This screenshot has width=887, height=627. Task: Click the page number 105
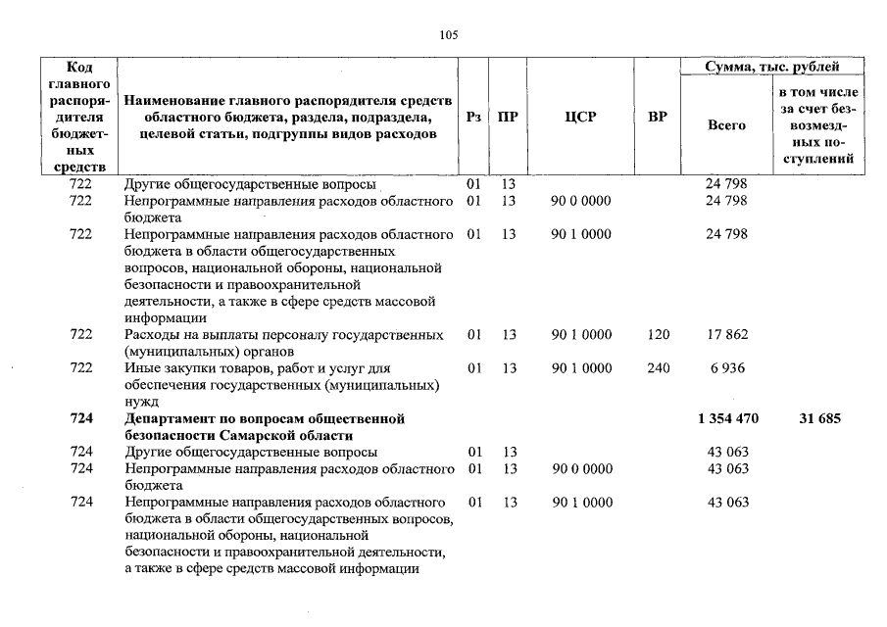coord(449,34)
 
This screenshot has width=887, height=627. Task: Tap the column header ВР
coord(658,118)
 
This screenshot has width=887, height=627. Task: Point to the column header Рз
coord(474,118)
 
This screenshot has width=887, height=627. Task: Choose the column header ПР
coord(508,118)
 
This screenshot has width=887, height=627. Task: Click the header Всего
coord(726,125)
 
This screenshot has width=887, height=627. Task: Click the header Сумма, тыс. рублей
coord(772,67)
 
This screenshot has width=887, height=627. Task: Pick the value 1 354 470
coord(727,418)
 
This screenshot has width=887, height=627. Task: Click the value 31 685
coord(820,418)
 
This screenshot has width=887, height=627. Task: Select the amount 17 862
coord(727,335)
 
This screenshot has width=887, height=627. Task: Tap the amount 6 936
coord(727,368)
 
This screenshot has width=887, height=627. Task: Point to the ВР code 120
coord(659,335)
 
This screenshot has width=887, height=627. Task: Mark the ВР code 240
coord(659,368)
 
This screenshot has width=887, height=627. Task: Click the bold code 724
coord(81,418)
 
